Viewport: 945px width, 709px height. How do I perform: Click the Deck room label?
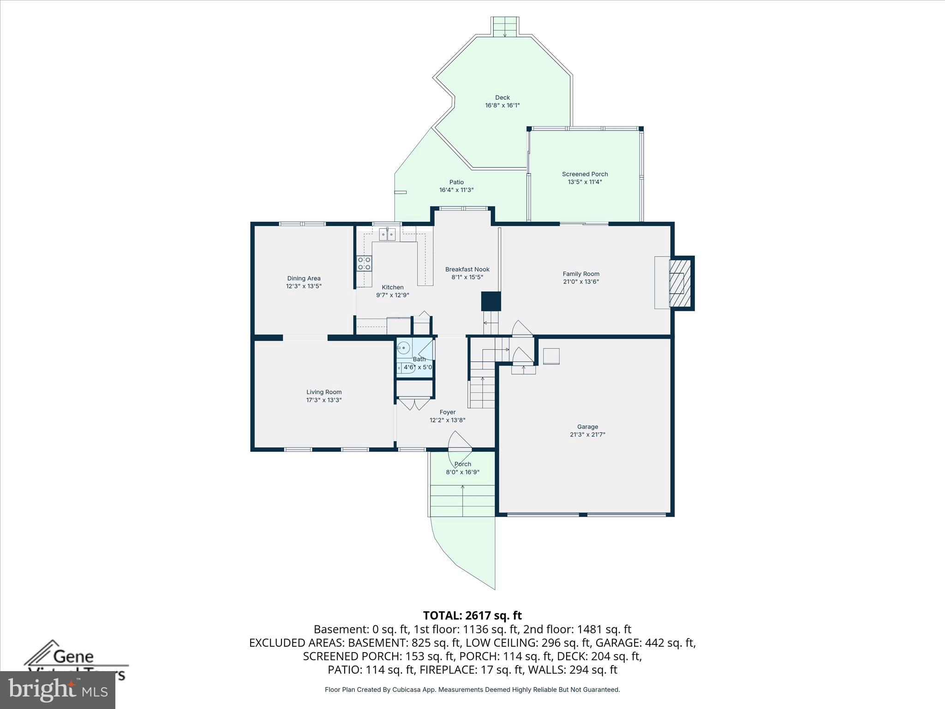(502, 97)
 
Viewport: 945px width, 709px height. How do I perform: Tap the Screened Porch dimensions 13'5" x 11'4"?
(585, 182)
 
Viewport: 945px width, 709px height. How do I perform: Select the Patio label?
(456, 182)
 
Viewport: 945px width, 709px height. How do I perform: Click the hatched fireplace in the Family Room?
(681, 283)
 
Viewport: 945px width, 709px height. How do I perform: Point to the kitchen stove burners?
(364, 264)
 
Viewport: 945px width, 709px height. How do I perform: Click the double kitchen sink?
(387, 234)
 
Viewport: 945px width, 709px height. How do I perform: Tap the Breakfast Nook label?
(467, 269)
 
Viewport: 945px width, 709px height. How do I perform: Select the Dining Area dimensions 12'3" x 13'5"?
(304, 286)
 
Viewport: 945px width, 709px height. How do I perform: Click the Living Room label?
(324, 392)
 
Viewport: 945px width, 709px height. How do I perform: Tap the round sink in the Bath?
(404, 348)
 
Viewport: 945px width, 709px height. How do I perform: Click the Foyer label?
(447, 412)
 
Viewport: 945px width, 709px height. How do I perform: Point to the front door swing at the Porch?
(458, 441)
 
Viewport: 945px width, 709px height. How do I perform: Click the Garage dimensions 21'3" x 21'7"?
(587, 434)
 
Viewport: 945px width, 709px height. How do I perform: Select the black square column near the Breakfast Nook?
(491, 301)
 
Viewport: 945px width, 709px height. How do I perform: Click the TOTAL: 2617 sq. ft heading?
(472, 615)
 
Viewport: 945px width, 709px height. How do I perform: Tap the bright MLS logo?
(58, 690)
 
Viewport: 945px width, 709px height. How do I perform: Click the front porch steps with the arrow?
(462, 501)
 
